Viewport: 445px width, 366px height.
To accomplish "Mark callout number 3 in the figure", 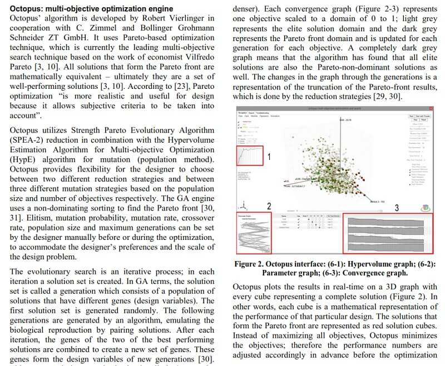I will coord(397,208).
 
